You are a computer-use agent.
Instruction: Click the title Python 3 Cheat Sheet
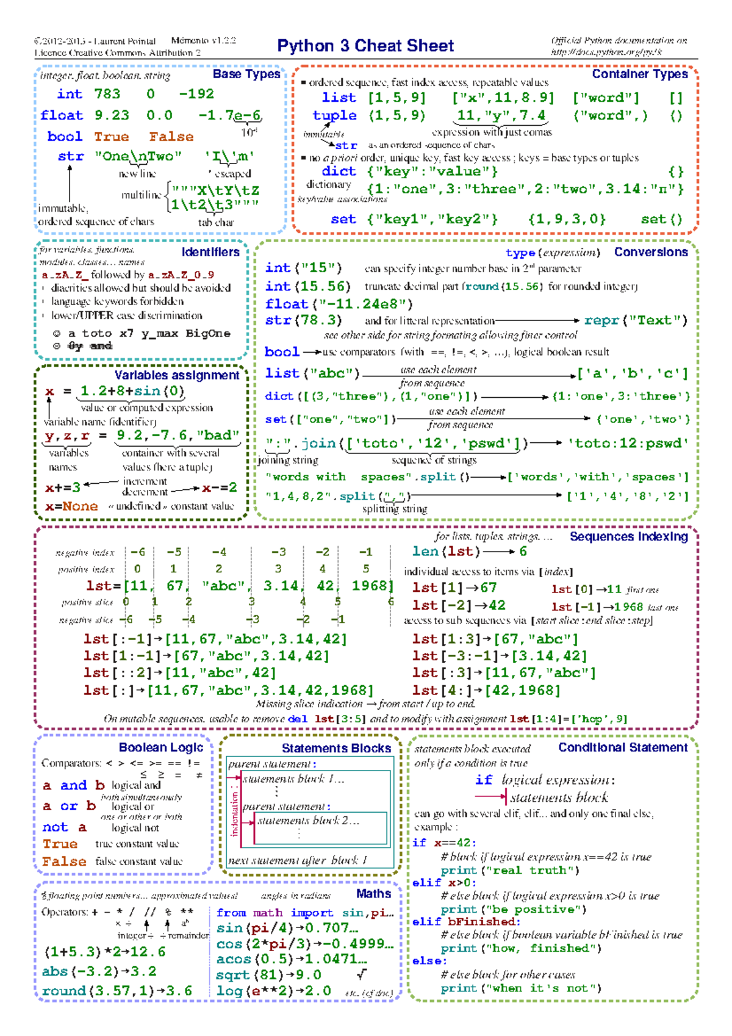pyautogui.click(x=365, y=46)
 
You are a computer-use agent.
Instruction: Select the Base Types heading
pyautogui.click(x=246, y=74)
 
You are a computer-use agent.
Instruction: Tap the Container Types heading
pyautogui.click(x=639, y=74)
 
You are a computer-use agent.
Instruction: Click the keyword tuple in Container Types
pyautogui.click(x=334, y=115)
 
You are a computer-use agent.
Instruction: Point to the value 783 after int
pyautogui.click(x=107, y=94)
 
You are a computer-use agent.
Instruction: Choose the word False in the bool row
pyautogui.click(x=171, y=137)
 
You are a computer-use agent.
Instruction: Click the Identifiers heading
pyautogui.click(x=210, y=252)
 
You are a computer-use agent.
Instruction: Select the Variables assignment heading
pyautogui.click(x=177, y=375)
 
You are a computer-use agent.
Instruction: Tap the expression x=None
pyautogui.click(x=71, y=506)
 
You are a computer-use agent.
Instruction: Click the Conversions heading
pyautogui.click(x=650, y=252)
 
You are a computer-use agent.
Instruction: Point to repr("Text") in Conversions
pyautogui.click(x=636, y=320)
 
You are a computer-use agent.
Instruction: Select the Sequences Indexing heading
pyautogui.click(x=628, y=536)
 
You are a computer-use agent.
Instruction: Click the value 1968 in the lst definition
pyautogui.click(x=371, y=586)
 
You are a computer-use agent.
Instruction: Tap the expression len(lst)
pyautogui.click(x=446, y=552)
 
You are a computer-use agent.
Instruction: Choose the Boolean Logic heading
pyautogui.click(x=161, y=747)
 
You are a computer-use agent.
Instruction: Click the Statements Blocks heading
pyautogui.click(x=336, y=748)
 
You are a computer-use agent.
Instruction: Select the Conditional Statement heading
pyautogui.click(x=622, y=747)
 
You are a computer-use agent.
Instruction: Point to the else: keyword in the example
pyautogui.click(x=429, y=961)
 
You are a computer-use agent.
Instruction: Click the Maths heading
pyautogui.click(x=373, y=894)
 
